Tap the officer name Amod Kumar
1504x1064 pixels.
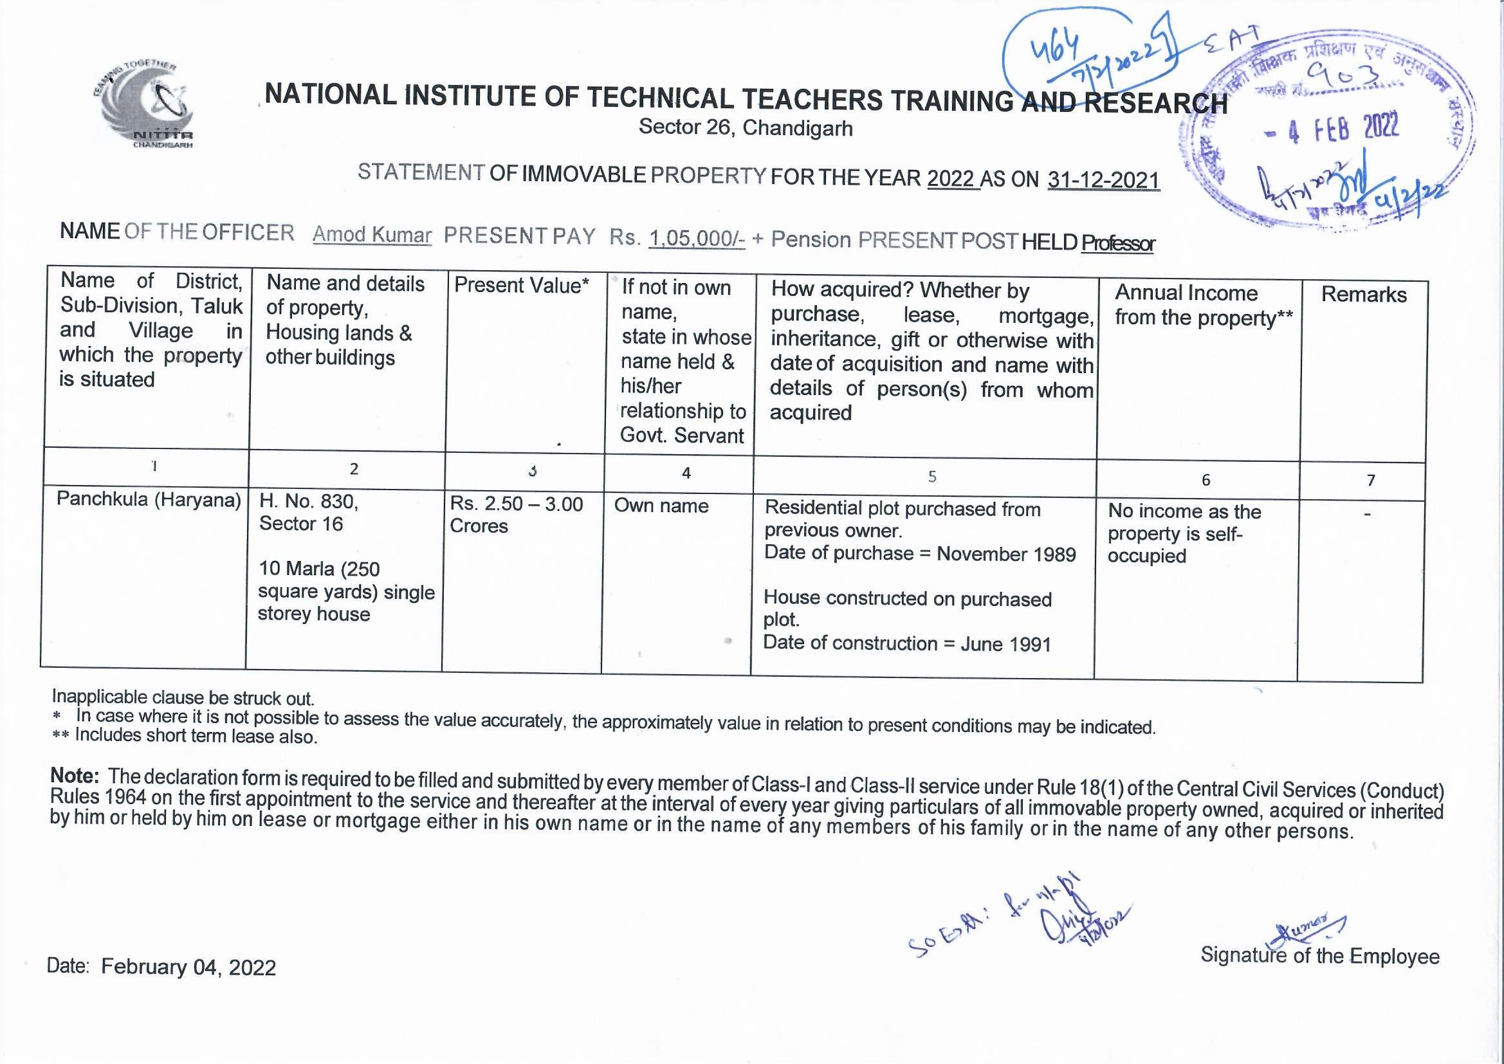pos(372,235)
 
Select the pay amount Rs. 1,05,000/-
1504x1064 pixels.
pos(696,239)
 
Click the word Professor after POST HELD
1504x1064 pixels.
pos(1117,244)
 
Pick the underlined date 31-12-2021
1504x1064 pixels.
pos(1103,180)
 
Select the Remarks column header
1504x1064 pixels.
pos(1363,295)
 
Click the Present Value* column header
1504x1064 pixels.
pos(522,286)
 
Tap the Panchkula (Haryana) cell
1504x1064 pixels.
pos(149,500)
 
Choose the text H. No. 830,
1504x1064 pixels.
pos(309,502)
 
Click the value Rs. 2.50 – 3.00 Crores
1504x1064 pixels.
pos(515,515)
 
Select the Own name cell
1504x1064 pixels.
pos(661,506)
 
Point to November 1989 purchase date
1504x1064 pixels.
pos(1005,555)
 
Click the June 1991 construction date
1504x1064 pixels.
pos(1005,644)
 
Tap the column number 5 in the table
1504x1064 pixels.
pos(931,476)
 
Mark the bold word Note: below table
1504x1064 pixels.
pos(75,776)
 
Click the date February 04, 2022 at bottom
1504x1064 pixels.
pos(188,967)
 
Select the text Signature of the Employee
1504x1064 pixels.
pos(1319,956)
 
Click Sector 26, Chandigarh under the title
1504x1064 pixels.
pos(746,127)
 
